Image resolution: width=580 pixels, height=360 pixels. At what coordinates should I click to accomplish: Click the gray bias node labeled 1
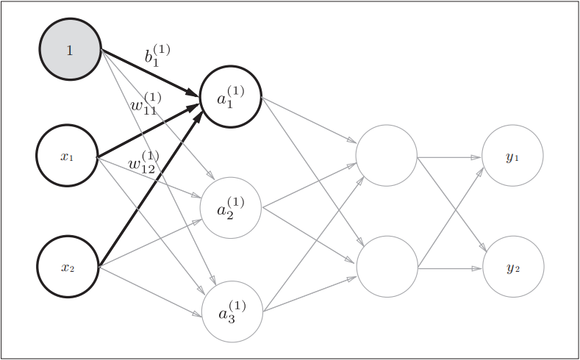pos(70,49)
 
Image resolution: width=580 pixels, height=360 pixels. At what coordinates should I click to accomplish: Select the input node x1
pos(67,156)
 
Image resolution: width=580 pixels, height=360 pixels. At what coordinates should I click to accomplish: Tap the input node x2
pos(68,267)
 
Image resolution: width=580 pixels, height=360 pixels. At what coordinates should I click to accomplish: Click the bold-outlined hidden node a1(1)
pos(230,96)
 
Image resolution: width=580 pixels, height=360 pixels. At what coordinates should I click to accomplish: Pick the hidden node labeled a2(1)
pos(231,208)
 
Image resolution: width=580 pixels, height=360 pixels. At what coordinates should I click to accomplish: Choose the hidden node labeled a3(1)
pos(232,312)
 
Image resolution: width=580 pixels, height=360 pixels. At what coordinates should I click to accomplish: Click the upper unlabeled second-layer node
pos(387,156)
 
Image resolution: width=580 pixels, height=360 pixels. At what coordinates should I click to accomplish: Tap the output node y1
pos(512,156)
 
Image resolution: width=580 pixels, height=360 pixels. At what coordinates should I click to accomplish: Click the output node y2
pos(513,267)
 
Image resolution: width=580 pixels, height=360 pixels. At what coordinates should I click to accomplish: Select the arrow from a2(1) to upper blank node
pos(309,187)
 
